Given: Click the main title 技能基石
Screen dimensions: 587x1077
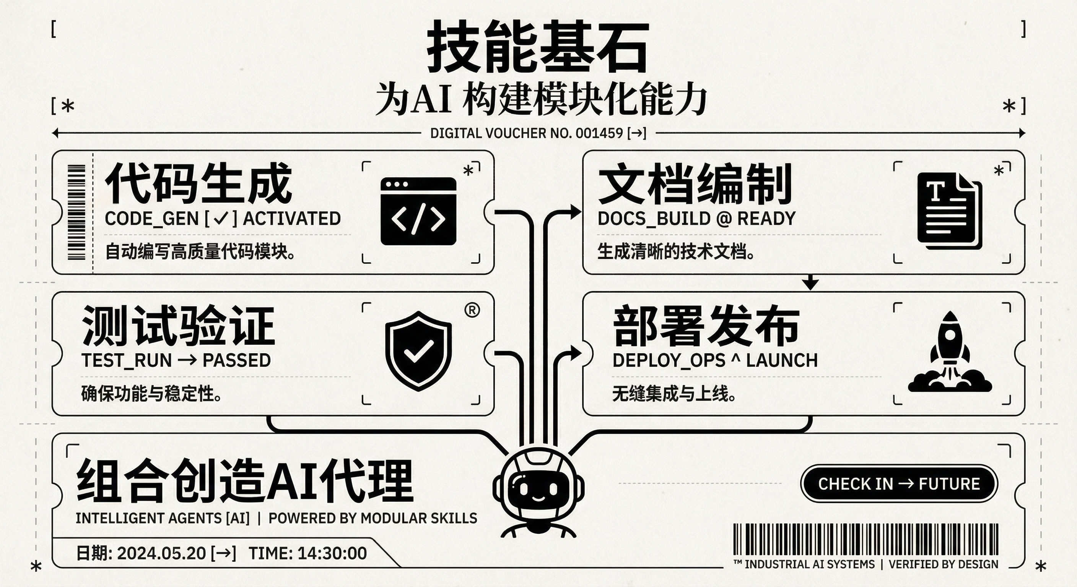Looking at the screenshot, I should tap(538, 47).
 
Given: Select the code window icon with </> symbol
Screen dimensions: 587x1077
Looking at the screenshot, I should tap(418, 211).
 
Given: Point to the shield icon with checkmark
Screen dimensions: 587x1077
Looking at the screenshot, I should tap(418, 351).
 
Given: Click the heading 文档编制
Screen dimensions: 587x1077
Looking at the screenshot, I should tap(695, 185).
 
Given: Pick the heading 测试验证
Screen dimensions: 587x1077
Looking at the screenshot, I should tap(179, 326).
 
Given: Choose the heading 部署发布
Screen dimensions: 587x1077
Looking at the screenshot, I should tap(706, 326).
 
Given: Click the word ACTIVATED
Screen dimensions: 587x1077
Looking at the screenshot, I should tap(292, 219).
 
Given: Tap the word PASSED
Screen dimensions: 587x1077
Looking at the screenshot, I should tap(237, 360).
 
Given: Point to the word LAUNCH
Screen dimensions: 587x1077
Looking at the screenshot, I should tap(782, 360).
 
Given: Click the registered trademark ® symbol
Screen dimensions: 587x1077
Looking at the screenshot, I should tap(472, 310).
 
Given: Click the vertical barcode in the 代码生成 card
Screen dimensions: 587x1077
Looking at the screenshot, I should tap(76, 212).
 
